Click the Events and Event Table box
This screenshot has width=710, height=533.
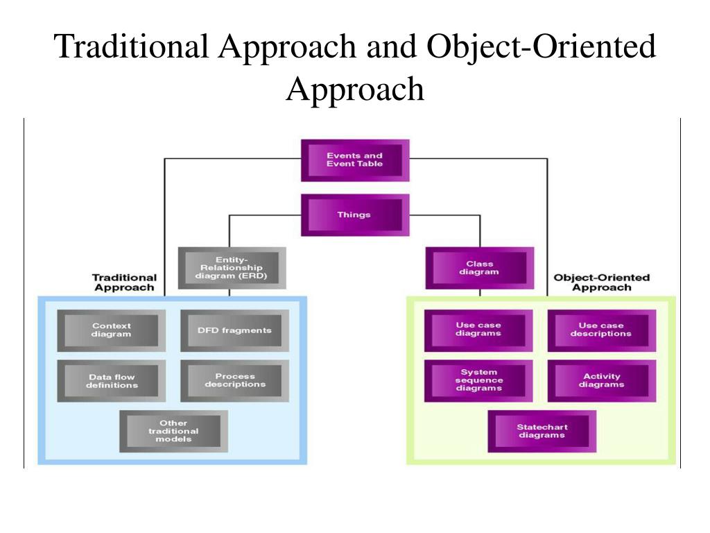354,160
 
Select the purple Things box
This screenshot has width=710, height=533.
354,215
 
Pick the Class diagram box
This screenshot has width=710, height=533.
479,268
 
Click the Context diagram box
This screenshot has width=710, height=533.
112,330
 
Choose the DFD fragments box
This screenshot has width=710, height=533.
234,330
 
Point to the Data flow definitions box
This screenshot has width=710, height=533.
112,382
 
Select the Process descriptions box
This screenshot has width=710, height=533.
234,381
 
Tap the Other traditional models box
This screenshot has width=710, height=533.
173,431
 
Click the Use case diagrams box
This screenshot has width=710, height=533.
478,330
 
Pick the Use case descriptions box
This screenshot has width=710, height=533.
601,330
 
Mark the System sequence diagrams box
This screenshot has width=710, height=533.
478,380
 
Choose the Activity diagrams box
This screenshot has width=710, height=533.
601,381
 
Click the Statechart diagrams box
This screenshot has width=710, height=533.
541,431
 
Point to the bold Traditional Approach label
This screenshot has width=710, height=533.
125,282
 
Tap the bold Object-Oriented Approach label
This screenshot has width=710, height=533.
601,282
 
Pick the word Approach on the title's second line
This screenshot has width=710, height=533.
354,89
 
